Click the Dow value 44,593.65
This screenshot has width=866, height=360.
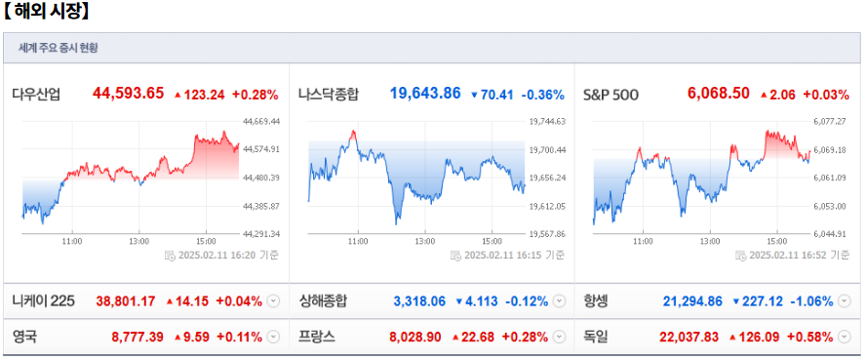[x=128, y=94]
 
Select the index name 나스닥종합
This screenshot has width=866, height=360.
[x=329, y=95]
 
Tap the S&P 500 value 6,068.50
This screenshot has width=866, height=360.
[x=718, y=94]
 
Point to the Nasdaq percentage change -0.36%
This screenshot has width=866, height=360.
[x=542, y=95]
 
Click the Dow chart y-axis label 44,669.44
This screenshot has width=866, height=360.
[x=260, y=122]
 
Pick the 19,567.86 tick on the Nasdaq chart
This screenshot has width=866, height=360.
[x=547, y=234]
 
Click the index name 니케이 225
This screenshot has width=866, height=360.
[x=43, y=300]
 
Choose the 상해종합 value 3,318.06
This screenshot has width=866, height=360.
[x=419, y=300]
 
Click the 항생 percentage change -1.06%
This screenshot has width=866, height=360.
[x=812, y=300]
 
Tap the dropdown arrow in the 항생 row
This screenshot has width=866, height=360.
[x=846, y=300]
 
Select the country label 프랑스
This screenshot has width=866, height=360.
[x=317, y=337]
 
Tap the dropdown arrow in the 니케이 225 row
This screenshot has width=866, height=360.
[x=272, y=300]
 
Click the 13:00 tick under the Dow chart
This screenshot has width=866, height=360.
[x=138, y=240]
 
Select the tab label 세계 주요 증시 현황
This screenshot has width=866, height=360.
[x=59, y=48]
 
